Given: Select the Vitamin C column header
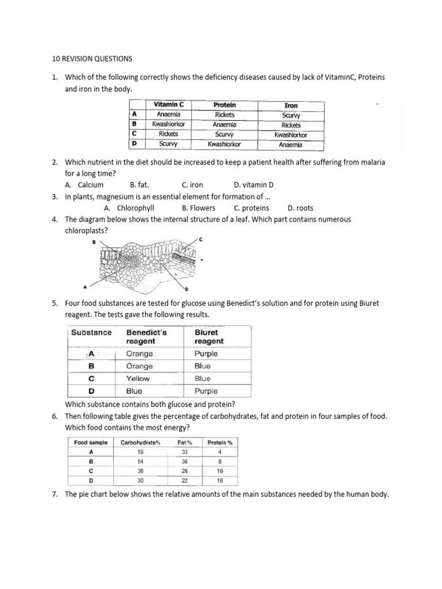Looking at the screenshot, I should point(169,105).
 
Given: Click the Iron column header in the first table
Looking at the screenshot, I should point(291,105).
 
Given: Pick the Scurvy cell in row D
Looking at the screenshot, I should point(168,144).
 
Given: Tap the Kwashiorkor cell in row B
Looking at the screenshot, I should point(168,124).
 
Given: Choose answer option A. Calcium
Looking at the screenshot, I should point(84,185).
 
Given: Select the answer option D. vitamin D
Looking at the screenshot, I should point(254,185).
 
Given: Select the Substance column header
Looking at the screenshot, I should point(92,332).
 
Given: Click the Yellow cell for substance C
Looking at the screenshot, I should point(138,378).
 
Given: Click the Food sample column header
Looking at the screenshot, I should point(91,442).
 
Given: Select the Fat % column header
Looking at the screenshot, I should point(185,442).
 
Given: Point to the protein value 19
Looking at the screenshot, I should point(219,471).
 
